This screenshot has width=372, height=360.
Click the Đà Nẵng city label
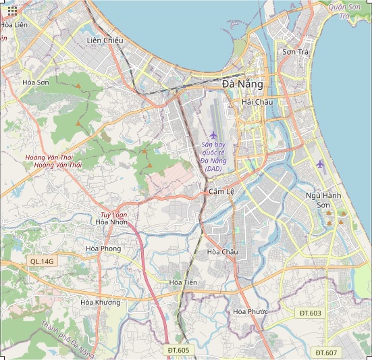[242, 84]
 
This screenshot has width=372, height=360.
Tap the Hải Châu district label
[257, 101]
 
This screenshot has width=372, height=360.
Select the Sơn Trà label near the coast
[295, 51]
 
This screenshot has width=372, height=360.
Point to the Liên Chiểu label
[105, 41]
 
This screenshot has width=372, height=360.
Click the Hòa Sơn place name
[36, 82]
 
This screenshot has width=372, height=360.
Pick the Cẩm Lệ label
[221, 192]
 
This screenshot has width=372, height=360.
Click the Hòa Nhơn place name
[111, 222]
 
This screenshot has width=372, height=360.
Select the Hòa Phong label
[103, 249]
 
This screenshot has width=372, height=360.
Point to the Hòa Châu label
[222, 252]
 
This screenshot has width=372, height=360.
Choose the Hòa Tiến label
[183, 282]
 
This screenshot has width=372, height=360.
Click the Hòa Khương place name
[99, 302]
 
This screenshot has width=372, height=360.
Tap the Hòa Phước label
[250, 311]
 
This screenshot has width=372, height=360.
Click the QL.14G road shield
[42, 261]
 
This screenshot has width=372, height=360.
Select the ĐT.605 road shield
[179, 350]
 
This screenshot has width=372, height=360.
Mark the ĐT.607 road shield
[325, 353]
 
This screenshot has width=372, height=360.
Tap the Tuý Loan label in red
[114, 215]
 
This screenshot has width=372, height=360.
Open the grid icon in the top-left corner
[13, 10]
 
